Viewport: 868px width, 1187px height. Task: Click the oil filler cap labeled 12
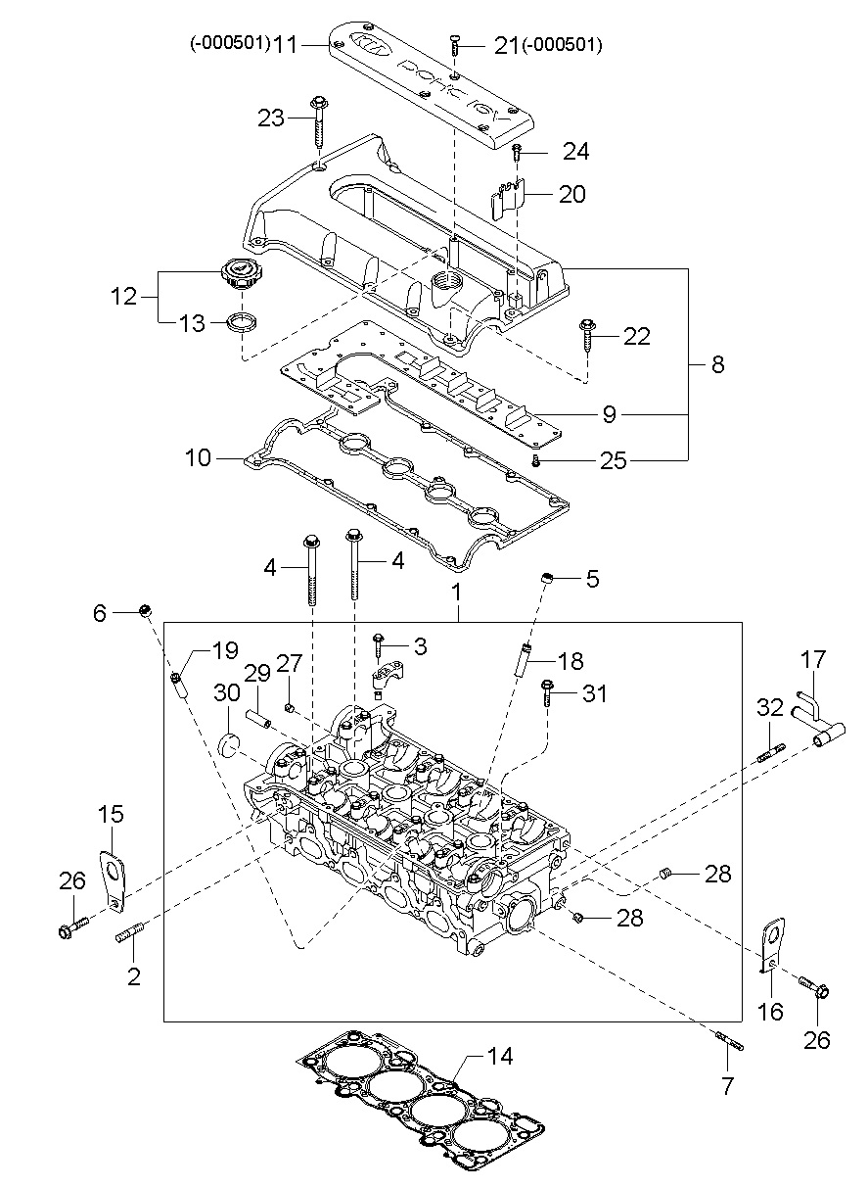pos(241,273)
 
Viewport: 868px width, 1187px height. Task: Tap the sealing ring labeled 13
pos(242,321)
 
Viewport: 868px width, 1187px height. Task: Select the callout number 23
pos(271,118)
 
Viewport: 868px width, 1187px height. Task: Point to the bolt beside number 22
pos(587,334)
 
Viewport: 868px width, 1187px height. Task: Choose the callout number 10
pos(198,457)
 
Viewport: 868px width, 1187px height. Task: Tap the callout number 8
pos(717,364)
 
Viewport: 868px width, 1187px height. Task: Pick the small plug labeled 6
pos(145,611)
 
